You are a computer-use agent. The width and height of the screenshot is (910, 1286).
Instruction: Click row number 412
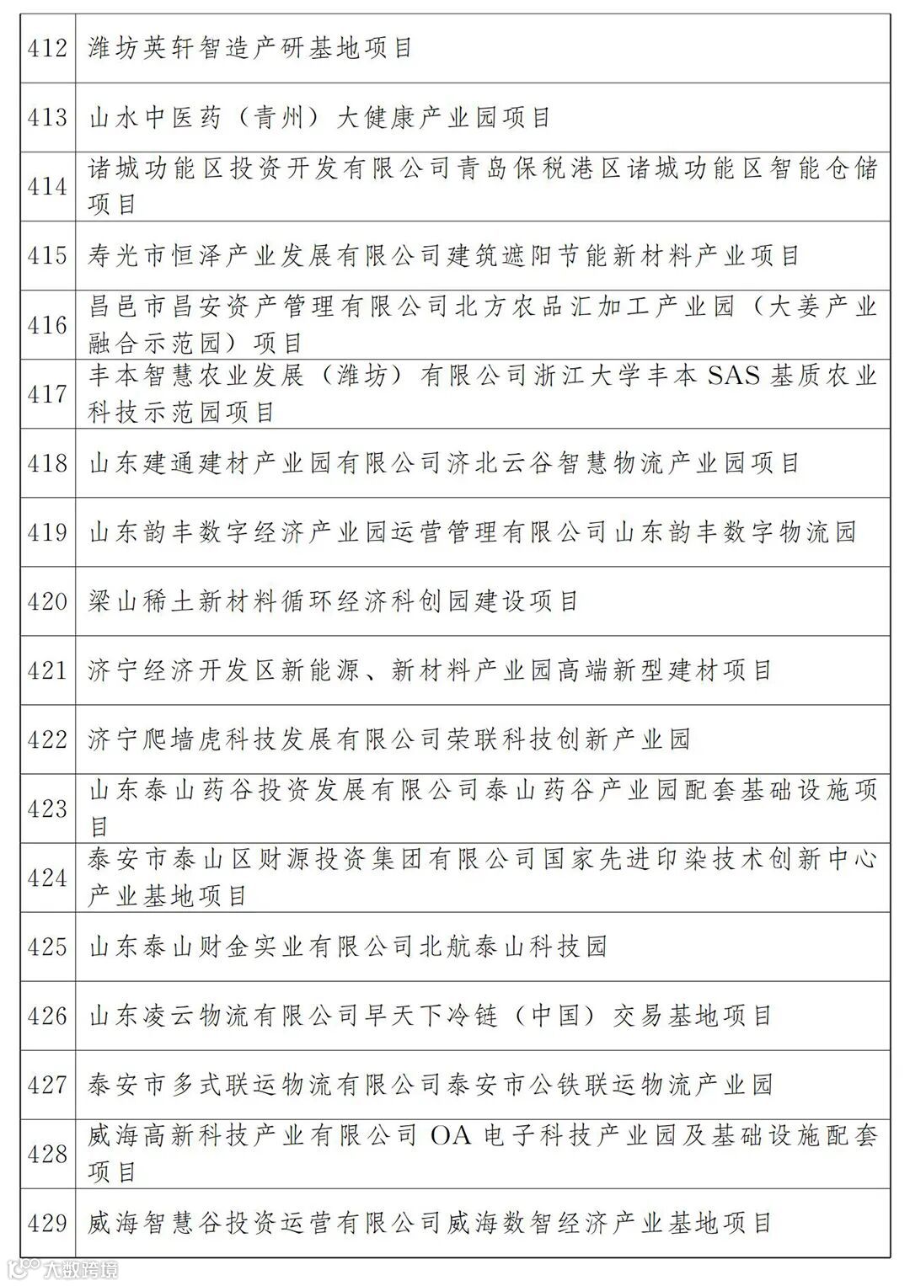[47, 49]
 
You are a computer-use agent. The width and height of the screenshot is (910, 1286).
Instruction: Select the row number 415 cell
[47, 256]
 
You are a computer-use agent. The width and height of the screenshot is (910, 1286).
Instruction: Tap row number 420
[47, 601]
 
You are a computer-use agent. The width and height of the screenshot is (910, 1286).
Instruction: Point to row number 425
[47, 947]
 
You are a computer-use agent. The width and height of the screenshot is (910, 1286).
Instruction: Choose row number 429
[47, 1224]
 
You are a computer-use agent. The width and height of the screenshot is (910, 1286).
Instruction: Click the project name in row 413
[319, 118]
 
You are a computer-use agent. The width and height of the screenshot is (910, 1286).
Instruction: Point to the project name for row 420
[334, 601]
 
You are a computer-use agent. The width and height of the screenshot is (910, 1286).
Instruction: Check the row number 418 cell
[47, 463]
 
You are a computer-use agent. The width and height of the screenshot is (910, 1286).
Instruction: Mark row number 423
[47, 809]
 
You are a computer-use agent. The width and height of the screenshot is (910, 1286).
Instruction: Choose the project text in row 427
[430, 1086]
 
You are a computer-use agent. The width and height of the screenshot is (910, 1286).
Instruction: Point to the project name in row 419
[472, 532]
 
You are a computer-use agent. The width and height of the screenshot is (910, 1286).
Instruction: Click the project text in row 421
[430, 671]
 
